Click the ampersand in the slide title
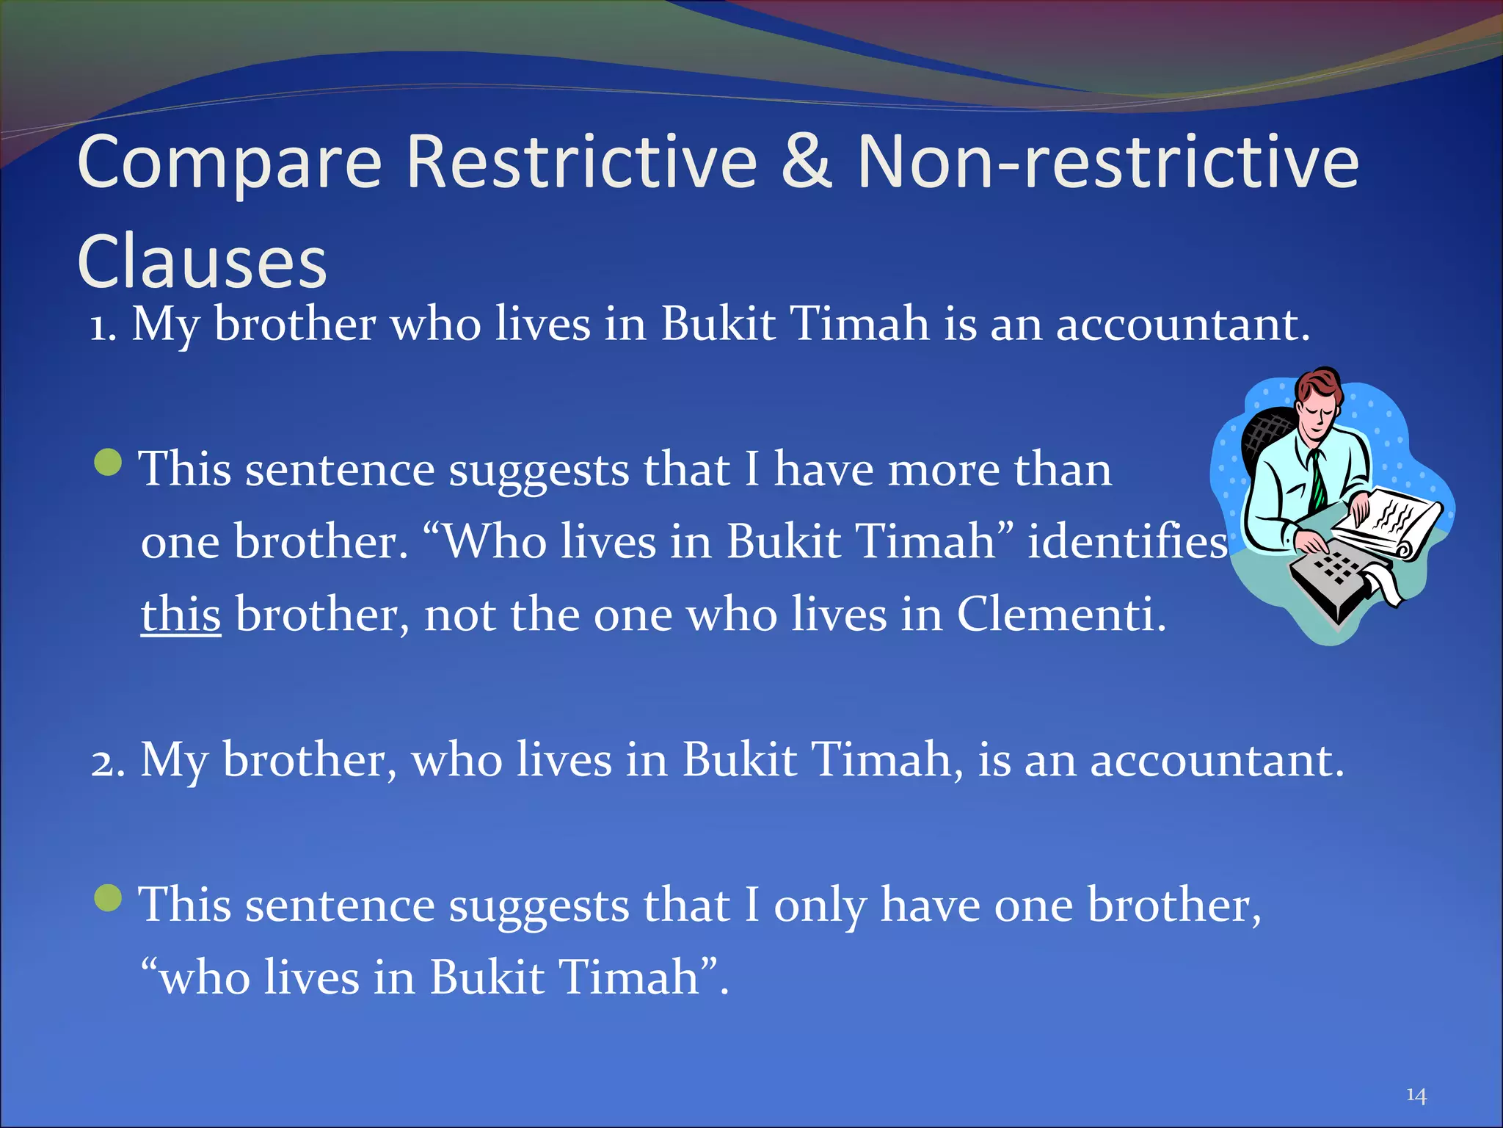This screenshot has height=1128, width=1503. coord(807,163)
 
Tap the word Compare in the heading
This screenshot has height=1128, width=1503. coord(229,163)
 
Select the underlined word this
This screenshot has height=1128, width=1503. coord(181,614)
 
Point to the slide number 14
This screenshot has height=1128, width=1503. coord(1416,1096)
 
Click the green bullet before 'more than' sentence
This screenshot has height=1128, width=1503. coord(109,463)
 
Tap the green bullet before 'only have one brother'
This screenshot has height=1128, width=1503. coord(109,898)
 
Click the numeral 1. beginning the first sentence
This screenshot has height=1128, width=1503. coord(103,326)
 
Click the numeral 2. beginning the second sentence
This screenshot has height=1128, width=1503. coord(108,762)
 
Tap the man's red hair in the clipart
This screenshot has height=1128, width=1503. coord(1318,385)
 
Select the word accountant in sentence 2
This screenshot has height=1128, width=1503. coord(1216,761)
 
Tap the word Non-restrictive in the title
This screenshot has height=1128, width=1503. coord(1107,163)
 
